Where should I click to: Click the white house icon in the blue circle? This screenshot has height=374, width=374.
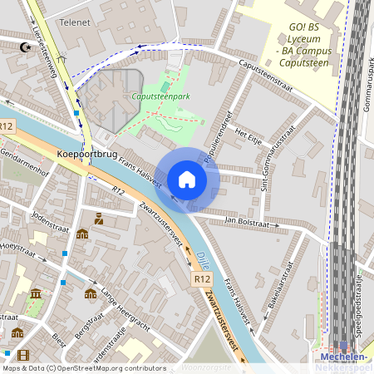coord(187,180)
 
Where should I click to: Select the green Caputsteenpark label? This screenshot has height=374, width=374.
coord(160,96)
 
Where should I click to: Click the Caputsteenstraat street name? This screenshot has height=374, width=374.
coord(267,71)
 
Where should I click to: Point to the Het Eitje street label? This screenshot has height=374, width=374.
coord(249,133)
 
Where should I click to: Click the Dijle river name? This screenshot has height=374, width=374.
coord(203,259)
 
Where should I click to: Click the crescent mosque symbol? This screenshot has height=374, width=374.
coord(24,46)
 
